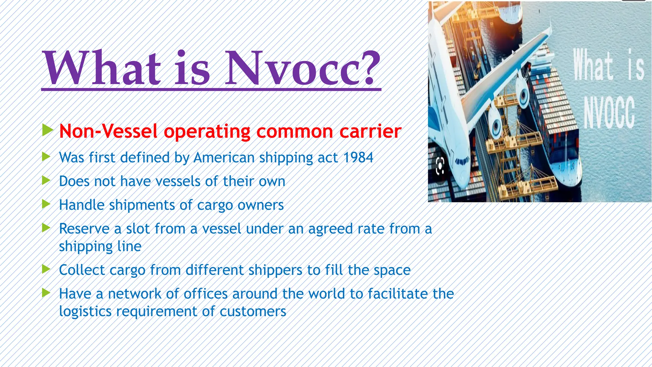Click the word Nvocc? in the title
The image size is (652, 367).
click(302, 68)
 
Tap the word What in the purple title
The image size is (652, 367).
click(102, 68)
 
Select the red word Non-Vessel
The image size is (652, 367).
click(108, 131)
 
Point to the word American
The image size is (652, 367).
click(224, 158)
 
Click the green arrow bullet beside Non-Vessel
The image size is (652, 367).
click(47, 130)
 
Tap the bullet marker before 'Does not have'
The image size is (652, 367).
click(46, 180)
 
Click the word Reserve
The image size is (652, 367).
click(84, 229)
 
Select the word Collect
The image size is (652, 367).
click(82, 270)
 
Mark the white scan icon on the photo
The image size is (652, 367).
click(440, 166)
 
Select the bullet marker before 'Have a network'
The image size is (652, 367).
click(46, 293)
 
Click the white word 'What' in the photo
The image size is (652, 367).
click(593, 65)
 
